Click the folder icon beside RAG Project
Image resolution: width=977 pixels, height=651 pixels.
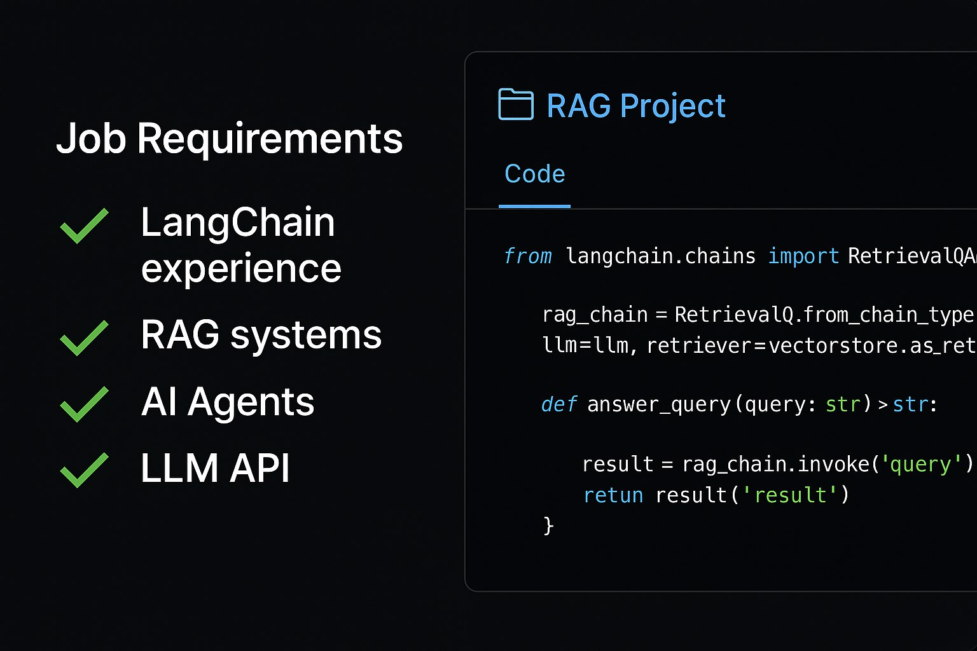pyautogui.click(x=516, y=105)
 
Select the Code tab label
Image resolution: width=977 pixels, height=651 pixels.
pyautogui.click(x=534, y=174)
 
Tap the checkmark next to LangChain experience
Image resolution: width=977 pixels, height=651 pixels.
pyautogui.click(x=84, y=226)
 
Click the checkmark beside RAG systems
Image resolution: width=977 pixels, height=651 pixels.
pyautogui.click(x=84, y=338)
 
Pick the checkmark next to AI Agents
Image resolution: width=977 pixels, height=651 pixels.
pyautogui.click(x=84, y=404)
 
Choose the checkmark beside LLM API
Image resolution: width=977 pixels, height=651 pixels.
pyautogui.click(x=84, y=470)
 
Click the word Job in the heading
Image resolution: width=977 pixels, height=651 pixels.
pyautogui.click(x=91, y=139)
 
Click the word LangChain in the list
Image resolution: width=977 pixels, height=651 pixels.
pyautogui.click(x=237, y=223)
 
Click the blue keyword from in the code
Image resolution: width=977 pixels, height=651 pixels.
pyautogui.click(x=527, y=256)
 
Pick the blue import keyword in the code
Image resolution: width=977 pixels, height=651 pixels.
pyautogui.click(x=803, y=256)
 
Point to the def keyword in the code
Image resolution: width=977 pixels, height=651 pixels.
pyautogui.click(x=558, y=404)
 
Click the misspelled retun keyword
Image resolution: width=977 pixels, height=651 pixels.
pyautogui.click(x=613, y=495)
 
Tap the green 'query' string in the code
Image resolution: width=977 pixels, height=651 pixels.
pyautogui.click(x=920, y=465)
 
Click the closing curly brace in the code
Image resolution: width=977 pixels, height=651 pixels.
pyautogui.click(x=548, y=526)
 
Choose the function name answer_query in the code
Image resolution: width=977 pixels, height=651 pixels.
pyautogui.click(x=659, y=405)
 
